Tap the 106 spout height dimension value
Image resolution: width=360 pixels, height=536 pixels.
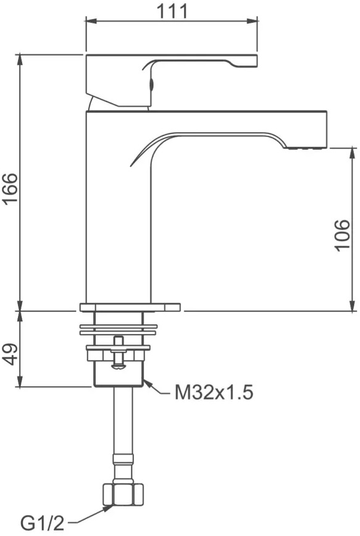pyautogui.click(x=343, y=235)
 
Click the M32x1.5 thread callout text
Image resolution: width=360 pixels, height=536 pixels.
pyautogui.click(x=214, y=393)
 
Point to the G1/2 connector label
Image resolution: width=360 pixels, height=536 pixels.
pyautogui.click(x=43, y=522)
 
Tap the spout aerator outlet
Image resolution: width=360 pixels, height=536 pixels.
pyautogui.click(x=304, y=148)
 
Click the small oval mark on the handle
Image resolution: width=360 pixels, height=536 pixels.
pyautogui.click(x=152, y=83)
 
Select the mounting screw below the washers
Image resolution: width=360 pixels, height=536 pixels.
pyautogui.click(x=118, y=353)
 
